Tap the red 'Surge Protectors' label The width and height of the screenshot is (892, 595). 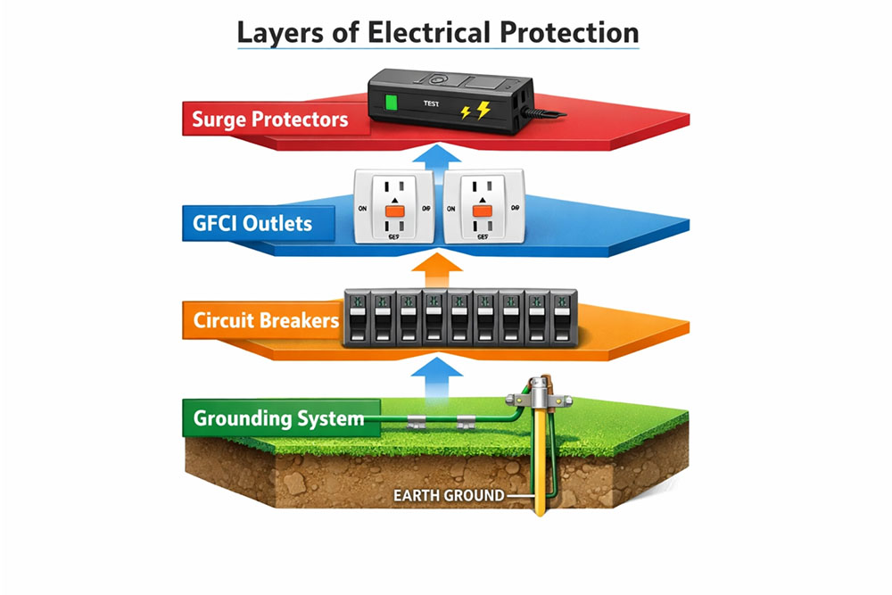[x=269, y=119]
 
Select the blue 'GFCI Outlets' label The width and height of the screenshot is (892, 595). [x=252, y=221]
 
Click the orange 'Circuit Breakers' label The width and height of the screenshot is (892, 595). [x=266, y=319]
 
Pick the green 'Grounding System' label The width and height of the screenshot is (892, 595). [x=278, y=417]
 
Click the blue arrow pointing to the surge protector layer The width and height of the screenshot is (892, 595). [x=437, y=158]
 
